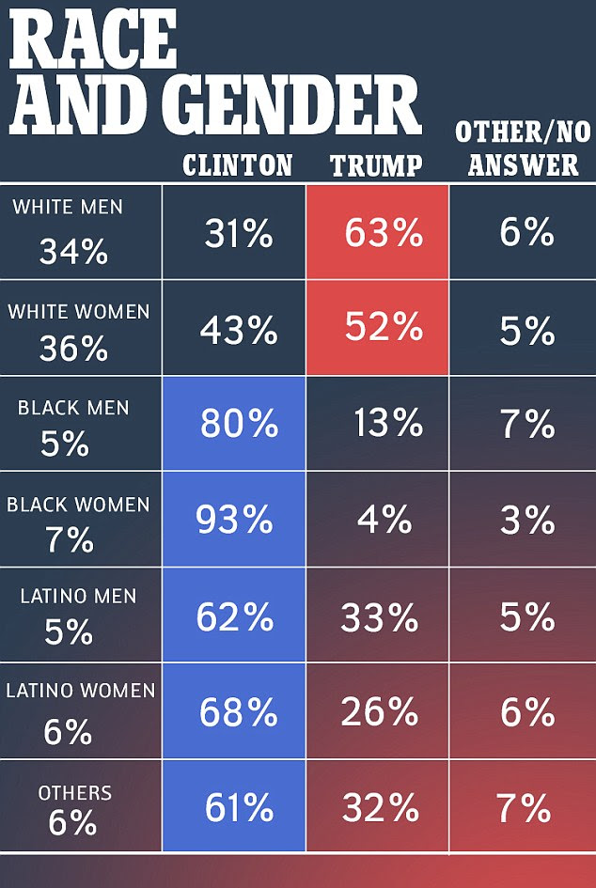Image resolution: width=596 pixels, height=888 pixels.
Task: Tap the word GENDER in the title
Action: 298,106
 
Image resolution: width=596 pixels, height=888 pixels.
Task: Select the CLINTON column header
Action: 237,166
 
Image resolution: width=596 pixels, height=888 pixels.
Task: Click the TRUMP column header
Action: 376,166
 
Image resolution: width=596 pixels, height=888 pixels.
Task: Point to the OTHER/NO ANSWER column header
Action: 523,148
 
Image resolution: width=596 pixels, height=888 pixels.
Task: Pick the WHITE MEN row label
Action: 68,207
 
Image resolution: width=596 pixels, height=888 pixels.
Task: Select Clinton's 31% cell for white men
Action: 238,232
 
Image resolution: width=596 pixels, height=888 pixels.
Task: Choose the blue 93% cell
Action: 234,520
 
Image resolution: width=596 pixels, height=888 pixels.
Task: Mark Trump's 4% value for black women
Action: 384,520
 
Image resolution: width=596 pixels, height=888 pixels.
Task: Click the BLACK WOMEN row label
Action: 78,505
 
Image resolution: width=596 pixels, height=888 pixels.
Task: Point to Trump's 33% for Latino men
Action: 379,617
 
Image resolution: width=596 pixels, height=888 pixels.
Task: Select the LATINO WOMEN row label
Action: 80,691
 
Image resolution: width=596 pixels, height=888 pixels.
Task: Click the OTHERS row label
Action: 74,794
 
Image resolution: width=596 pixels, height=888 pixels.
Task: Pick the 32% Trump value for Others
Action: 379,808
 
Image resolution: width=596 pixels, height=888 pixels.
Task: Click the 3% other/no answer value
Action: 526,520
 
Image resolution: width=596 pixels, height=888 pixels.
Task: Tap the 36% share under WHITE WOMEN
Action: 73,349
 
